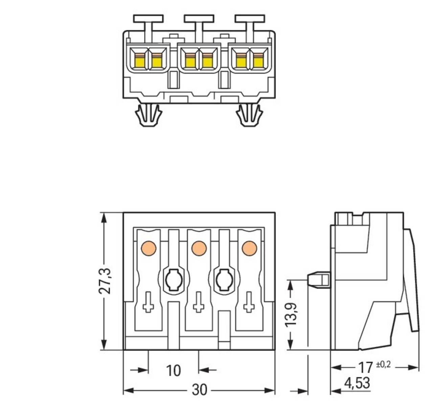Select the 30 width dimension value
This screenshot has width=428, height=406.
coord(199,390)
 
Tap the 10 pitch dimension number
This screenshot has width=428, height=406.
coord(173,370)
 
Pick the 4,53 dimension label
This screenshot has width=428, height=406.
coord(357,383)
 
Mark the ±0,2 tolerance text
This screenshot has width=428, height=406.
coord(383,364)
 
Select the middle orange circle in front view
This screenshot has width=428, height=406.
coord(199,249)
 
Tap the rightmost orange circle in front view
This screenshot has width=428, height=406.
coord(249,249)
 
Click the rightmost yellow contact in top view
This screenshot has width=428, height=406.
coord(258,61)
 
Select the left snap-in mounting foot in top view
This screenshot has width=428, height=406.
coord(148,115)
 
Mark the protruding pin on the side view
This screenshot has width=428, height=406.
coord(318,280)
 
